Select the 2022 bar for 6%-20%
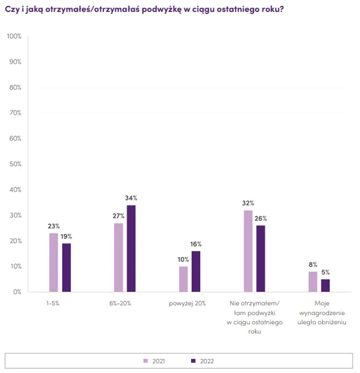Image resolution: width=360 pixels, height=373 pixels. [132, 248]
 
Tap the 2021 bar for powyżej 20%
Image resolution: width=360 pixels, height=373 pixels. [183, 279]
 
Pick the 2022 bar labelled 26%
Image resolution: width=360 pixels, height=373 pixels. [261, 259]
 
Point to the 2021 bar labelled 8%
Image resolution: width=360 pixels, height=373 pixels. [313, 281]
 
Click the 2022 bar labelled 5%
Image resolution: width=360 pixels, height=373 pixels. [326, 285]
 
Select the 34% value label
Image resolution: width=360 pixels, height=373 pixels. [131, 198]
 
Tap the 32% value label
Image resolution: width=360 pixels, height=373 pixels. [248, 204]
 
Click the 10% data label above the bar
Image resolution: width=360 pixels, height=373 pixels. [183, 260]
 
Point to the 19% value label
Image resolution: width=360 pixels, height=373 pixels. [66, 236]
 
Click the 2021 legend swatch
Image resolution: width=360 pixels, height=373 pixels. [146, 361]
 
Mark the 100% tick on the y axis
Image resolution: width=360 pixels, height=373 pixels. [14, 36]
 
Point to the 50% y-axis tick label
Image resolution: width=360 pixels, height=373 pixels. [15, 164]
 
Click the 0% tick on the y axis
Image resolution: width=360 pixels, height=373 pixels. [17, 292]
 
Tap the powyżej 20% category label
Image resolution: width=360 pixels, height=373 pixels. [188, 303]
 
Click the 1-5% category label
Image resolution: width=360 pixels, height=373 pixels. [52, 303]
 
